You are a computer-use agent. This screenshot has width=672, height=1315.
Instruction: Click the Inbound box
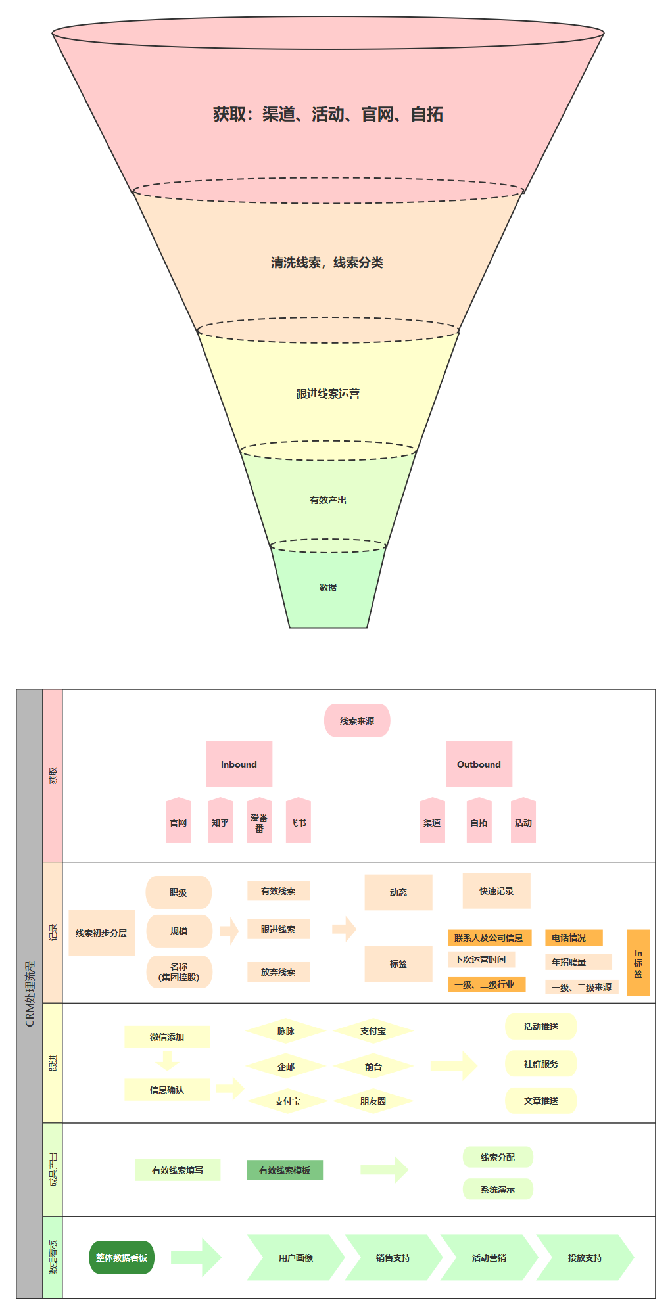(x=239, y=764)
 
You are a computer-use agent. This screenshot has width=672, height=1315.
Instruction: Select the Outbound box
(x=479, y=764)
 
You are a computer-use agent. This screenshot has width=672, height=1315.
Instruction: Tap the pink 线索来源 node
(x=357, y=721)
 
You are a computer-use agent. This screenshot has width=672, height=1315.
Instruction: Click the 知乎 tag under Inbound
(x=220, y=822)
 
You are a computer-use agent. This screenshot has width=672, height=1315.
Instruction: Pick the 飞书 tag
(x=299, y=822)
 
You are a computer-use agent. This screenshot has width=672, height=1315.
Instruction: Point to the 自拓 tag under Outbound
(x=479, y=822)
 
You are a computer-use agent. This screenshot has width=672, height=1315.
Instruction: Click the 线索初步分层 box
(x=101, y=933)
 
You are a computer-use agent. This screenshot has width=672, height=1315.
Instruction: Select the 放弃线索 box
(x=278, y=972)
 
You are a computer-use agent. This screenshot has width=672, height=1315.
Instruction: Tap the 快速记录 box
(x=496, y=891)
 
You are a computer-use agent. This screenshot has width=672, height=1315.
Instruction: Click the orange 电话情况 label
(x=573, y=938)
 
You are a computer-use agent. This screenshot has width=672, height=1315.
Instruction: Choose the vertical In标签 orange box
(x=638, y=963)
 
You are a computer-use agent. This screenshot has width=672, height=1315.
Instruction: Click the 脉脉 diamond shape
(x=286, y=1031)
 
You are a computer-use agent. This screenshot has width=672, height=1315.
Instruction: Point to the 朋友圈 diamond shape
(x=373, y=1101)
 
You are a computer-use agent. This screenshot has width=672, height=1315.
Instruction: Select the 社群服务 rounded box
(x=540, y=1064)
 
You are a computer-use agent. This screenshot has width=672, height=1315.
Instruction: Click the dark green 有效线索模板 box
(x=285, y=1170)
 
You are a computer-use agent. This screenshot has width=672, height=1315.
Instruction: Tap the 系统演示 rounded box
(x=498, y=1189)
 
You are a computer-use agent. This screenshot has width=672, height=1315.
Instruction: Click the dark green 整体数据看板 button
(x=122, y=1257)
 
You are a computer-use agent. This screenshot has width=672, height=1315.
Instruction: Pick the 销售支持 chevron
(x=393, y=1257)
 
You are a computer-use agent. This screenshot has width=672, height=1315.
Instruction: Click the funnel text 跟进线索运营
(x=328, y=394)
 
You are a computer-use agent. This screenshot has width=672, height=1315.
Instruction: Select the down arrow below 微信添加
(x=167, y=1061)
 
